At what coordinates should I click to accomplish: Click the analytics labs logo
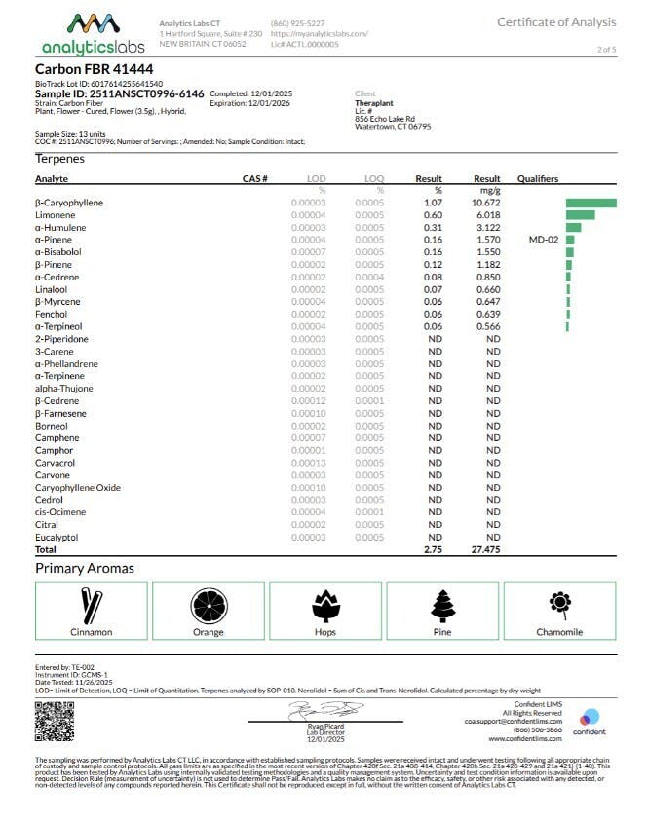pyautogui.click(x=93, y=34)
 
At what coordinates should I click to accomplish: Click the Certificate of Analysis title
pyautogui.click(x=556, y=22)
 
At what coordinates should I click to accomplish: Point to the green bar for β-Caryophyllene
pyautogui.click(x=591, y=203)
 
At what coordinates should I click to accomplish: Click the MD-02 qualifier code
pyautogui.click(x=543, y=240)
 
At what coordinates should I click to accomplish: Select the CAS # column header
pyautogui.click(x=254, y=179)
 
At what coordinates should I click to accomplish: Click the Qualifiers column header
pyautogui.click(x=538, y=179)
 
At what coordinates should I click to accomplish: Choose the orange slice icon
pyautogui.click(x=208, y=605)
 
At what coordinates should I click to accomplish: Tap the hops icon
pyautogui.click(x=325, y=605)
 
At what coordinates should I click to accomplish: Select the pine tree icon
pyautogui.click(x=442, y=605)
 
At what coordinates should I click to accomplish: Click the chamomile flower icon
pyautogui.click(x=559, y=603)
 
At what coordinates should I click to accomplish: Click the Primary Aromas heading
pyautogui.click(x=85, y=568)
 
